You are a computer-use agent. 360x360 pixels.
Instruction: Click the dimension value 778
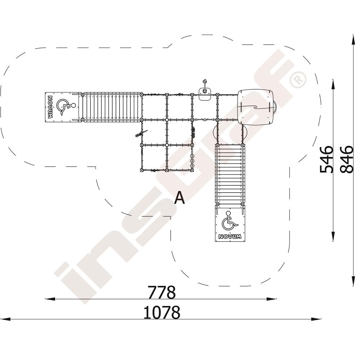point(161,292)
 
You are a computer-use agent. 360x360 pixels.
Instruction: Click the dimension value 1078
point(162,312)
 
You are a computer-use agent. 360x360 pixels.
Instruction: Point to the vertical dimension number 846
point(346,159)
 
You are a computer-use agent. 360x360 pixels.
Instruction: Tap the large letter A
point(179,198)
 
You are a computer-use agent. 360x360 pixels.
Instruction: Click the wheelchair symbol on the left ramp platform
point(66,107)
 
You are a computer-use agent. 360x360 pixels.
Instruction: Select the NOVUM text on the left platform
point(50,107)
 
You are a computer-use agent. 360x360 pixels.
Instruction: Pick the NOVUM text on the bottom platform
point(230,237)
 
